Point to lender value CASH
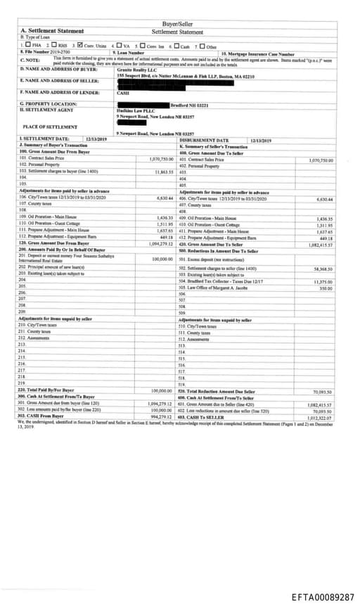tap(123, 92)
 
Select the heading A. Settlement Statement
tap(52, 32)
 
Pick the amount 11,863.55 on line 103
tap(161, 172)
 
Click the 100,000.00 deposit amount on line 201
tap(161, 259)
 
